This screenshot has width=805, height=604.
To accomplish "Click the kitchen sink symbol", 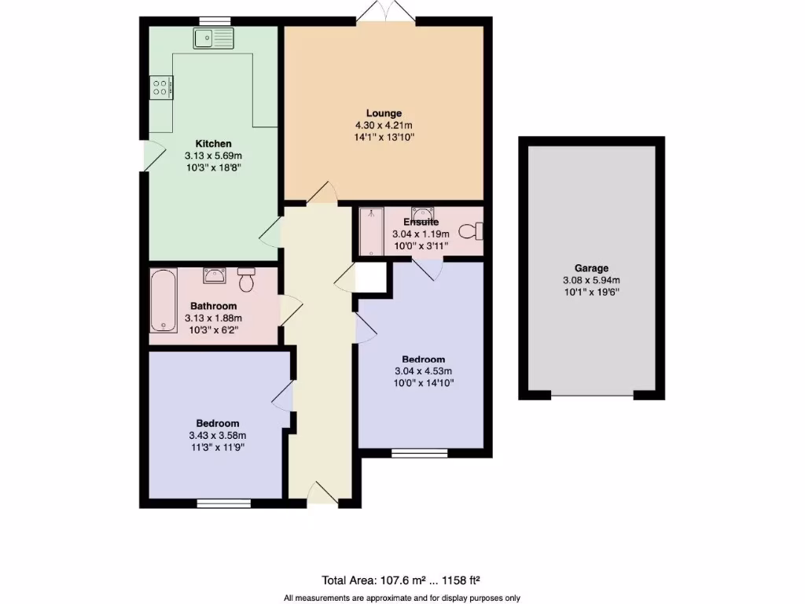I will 214,36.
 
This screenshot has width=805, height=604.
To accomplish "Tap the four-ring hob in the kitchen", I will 162,86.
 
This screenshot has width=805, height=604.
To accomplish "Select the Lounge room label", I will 384,113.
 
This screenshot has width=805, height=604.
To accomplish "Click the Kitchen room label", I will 213,144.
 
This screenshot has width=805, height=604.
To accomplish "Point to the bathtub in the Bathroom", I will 164,300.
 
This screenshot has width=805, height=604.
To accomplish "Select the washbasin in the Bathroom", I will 215,275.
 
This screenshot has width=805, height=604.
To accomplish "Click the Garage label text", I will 590,268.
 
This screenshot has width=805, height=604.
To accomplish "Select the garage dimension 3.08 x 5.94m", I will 590,281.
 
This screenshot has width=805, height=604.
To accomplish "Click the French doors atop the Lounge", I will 384,14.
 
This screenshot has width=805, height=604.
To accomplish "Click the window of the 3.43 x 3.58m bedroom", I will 223,503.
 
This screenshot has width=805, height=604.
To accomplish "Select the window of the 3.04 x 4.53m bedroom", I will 421,452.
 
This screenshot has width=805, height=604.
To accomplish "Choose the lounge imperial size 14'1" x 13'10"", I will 384,137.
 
